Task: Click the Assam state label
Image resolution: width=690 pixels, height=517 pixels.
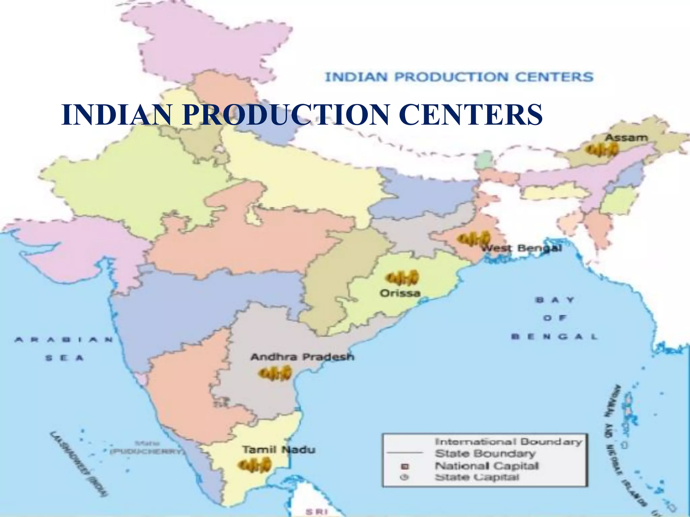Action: (x=626, y=138)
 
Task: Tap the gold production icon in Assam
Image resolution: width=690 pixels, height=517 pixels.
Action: (x=602, y=150)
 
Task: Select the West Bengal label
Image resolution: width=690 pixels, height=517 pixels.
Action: (x=522, y=248)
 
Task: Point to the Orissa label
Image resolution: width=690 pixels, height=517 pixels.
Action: (x=400, y=293)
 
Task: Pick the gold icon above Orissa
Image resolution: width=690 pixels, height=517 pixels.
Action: (x=402, y=278)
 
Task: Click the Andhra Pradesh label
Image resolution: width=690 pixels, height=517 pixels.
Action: (x=302, y=357)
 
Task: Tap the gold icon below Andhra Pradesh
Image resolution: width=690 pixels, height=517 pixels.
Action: (x=275, y=373)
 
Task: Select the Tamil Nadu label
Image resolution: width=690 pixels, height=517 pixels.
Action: (x=279, y=450)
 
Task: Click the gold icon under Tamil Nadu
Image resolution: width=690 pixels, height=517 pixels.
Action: (x=255, y=465)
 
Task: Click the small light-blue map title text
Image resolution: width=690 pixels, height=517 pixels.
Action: (x=459, y=77)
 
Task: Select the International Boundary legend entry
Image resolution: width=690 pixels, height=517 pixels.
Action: (x=508, y=441)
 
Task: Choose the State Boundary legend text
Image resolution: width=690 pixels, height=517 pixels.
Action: (x=485, y=453)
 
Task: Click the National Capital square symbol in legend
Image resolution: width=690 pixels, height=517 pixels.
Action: (x=405, y=467)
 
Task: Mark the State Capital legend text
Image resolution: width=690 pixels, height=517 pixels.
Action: (x=477, y=477)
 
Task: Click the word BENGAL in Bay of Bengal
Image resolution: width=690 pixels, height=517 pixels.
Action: (x=554, y=336)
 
